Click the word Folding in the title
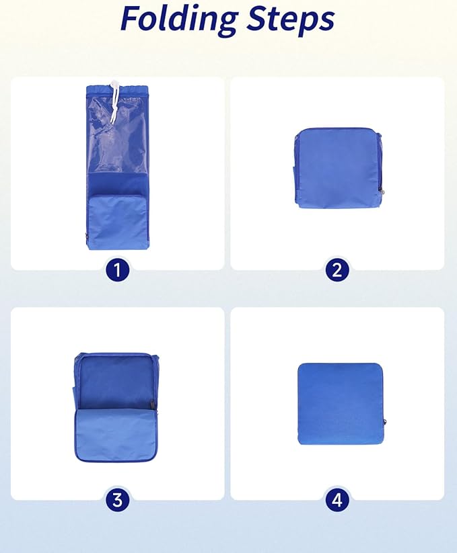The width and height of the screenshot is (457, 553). point(179,19)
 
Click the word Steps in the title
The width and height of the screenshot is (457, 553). point(290,19)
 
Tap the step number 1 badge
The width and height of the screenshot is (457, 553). point(117,271)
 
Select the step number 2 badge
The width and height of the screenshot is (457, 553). point(337,271)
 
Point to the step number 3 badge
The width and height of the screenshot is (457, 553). point(117,500)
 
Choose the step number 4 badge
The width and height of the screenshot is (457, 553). point(337,500)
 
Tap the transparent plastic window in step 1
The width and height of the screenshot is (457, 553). point(117,134)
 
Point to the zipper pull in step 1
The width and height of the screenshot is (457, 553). point(87,237)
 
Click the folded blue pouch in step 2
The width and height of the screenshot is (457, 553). point(338,169)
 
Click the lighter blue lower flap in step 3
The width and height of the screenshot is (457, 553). point(116,435)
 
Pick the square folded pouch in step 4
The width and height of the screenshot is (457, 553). point(341,403)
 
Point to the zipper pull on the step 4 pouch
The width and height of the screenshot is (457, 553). point(384,422)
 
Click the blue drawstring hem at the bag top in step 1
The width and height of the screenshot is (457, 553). point(117,90)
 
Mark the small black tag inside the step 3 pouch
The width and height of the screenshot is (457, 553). point(152,404)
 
